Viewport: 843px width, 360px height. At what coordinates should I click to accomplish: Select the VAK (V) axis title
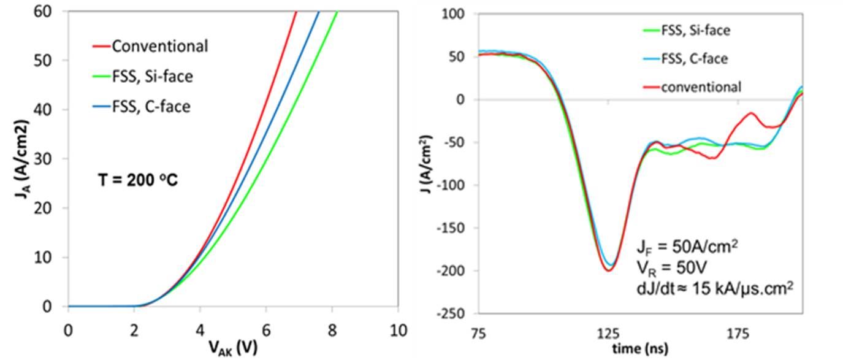click(232, 347)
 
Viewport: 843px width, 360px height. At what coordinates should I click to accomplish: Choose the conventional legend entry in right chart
click(701, 87)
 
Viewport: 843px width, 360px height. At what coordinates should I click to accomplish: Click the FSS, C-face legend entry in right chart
click(694, 59)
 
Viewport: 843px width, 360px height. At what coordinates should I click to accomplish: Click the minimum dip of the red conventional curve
click(608, 270)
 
